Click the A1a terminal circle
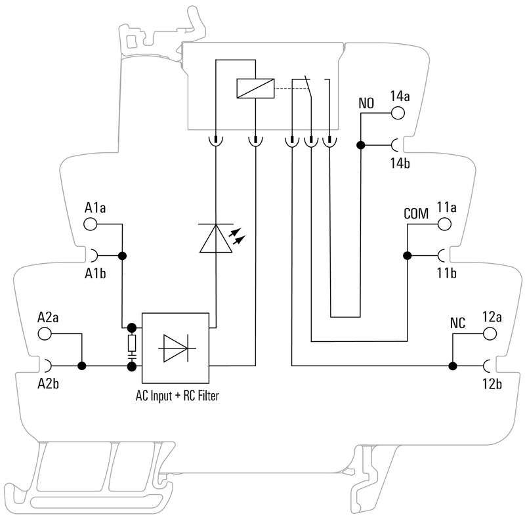coord(90,224)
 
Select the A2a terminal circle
coord(45,333)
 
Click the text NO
coord(367,104)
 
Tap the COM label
coord(415,214)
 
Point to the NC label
coord(458,324)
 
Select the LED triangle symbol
coord(215,238)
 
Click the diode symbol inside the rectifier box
coord(175,348)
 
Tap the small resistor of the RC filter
coord(132,342)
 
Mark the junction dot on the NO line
coord(360,144)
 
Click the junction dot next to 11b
coord(407,255)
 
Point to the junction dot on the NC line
coord(452,365)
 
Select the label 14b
coord(399,163)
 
